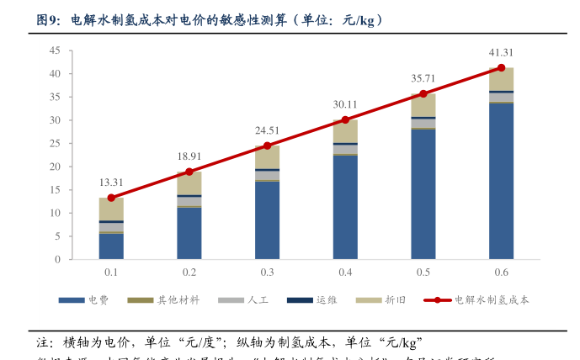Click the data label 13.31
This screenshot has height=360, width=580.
pos(111,183)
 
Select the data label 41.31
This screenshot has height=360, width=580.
pos(501,52)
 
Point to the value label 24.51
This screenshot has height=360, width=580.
pos(267,130)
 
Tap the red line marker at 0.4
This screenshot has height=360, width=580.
pos(345,119)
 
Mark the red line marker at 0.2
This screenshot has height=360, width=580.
pos(189,172)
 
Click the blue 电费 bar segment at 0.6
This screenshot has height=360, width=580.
pos(501,181)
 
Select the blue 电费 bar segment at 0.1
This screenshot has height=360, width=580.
pos(111,246)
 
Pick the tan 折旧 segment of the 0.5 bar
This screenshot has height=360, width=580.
pos(423,105)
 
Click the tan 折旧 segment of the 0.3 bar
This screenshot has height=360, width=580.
pos(267,157)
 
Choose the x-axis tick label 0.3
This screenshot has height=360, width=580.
pos(267,273)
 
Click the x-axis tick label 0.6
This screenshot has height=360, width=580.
pos(501,273)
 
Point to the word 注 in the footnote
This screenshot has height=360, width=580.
pos(44,342)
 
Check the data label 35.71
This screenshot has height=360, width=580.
pos(423,78)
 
